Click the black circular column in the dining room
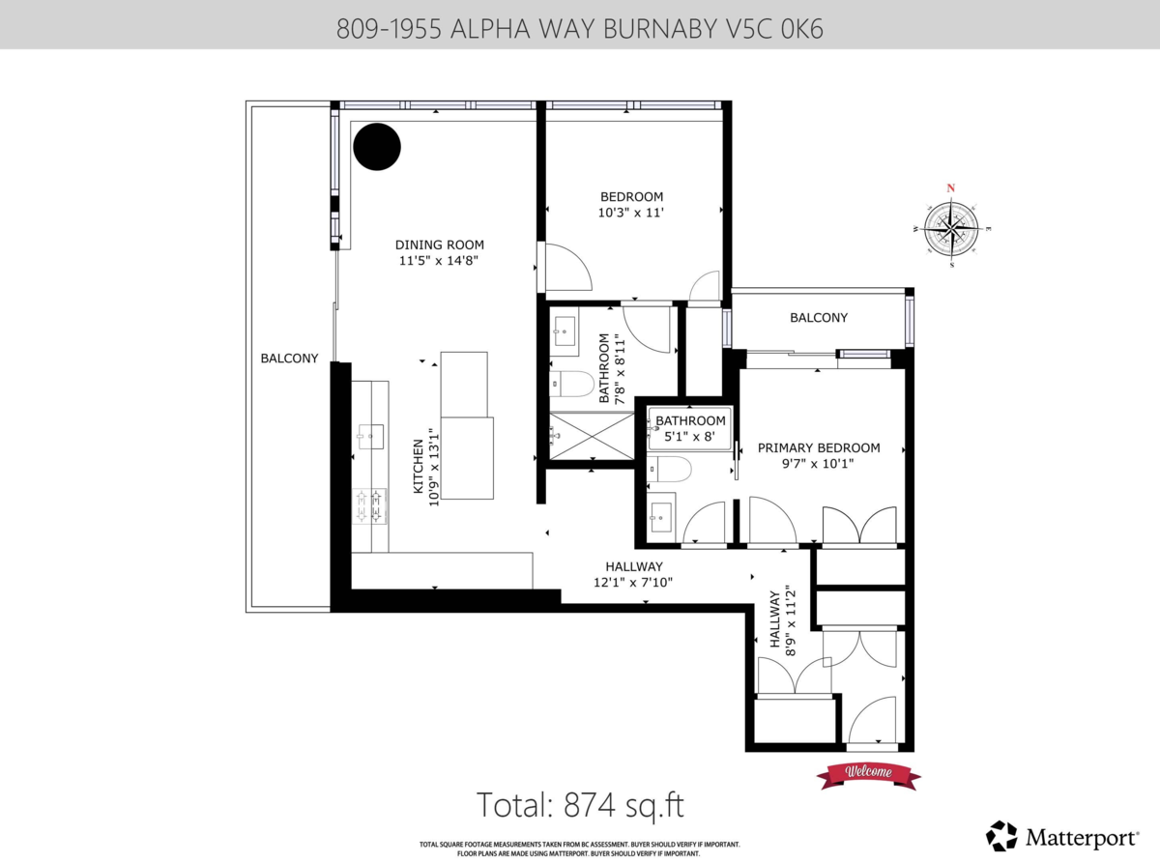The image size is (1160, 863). click(376, 147)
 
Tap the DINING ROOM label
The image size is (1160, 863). click(440, 245)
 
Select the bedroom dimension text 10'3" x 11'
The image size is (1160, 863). click(631, 213)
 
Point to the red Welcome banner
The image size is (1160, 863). click(868, 772)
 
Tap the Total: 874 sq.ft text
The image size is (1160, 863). click(580, 805)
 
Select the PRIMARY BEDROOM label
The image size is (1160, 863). click(819, 447)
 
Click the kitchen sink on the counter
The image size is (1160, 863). click(369, 435)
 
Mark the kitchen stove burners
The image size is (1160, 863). click(368, 506)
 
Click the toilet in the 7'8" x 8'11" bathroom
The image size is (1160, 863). click(571, 385)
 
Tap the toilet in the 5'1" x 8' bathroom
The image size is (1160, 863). click(669, 471)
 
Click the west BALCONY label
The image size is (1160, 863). click(289, 359)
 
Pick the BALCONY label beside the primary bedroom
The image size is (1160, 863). click(819, 318)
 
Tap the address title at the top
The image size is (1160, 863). click(580, 29)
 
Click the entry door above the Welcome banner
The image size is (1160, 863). click(874, 724)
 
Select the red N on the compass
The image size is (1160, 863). click(951, 188)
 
